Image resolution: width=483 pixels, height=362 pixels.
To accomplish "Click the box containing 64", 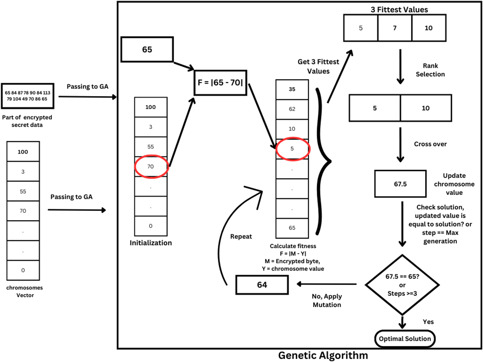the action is tap(262, 285).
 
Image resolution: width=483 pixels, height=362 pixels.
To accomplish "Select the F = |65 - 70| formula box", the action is tap(220, 83).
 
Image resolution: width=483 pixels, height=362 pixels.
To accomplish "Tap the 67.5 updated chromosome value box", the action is tap(400, 184).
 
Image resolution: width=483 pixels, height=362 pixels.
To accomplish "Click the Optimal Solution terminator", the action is tap(405, 339).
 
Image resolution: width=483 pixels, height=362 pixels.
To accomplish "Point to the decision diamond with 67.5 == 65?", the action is tap(402, 285).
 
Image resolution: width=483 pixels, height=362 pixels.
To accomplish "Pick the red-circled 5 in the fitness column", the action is tap(293, 149).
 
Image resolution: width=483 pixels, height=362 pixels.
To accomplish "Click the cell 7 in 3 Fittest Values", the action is tap(395, 28).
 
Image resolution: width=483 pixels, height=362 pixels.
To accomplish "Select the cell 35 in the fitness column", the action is tap(292, 89).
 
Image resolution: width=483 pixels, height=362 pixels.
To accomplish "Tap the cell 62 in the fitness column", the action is tap(292, 109).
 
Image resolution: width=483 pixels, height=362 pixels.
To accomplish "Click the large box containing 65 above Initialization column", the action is tap(147, 49).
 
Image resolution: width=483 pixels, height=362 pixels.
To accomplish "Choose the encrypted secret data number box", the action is tap(28, 96).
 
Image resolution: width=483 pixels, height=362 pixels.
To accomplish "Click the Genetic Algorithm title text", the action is tap(323, 355).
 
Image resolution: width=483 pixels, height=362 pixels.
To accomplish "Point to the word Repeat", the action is tap(241, 236).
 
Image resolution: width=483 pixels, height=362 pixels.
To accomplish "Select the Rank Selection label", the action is tap(430, 70).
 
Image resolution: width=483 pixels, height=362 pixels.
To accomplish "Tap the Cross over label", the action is tap(430, 144).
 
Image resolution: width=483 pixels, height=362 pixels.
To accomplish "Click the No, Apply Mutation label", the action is tap(327, 301).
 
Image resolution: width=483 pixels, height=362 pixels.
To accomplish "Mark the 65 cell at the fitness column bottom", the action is tap(292, 228).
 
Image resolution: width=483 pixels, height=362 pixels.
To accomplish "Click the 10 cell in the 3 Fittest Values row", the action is tap(429, 28).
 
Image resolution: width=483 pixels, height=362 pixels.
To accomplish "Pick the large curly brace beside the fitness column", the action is tap(323, 161).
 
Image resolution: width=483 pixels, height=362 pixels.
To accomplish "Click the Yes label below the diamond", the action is tap(428, 322).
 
